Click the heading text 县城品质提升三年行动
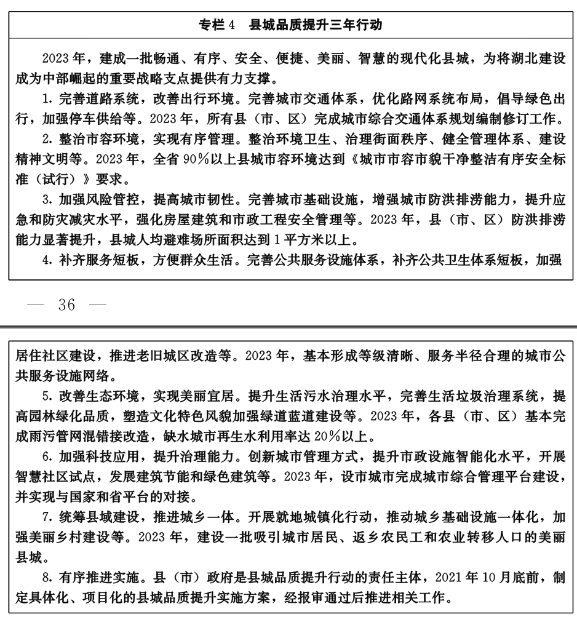pyautogui.click(x=316, y=25)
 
